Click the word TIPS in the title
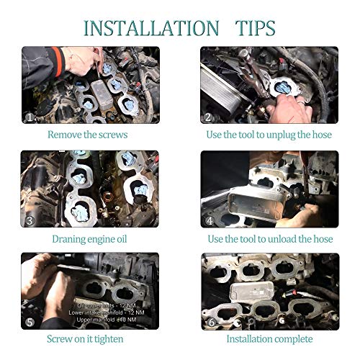[256, 28]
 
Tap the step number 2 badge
[209, 117]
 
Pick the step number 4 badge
[209, 220]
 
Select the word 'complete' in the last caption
[292, 338]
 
